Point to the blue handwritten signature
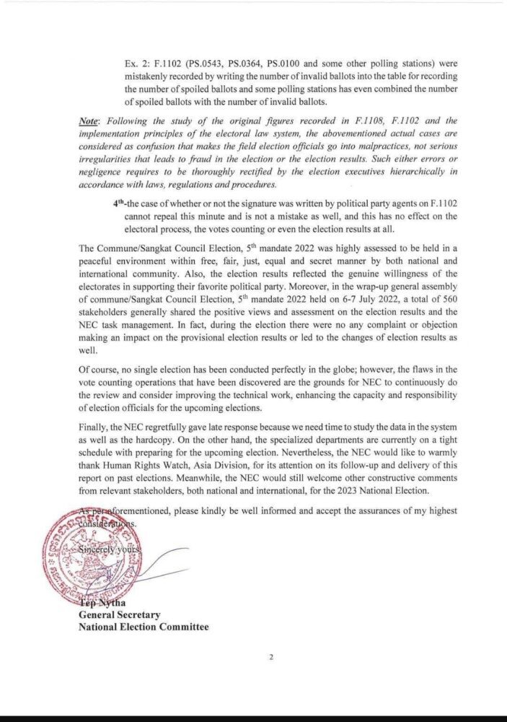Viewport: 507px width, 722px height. pyautogui.click(x=144, y=570)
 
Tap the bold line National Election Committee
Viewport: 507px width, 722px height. pyautogui.click(x=144, y=627)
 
